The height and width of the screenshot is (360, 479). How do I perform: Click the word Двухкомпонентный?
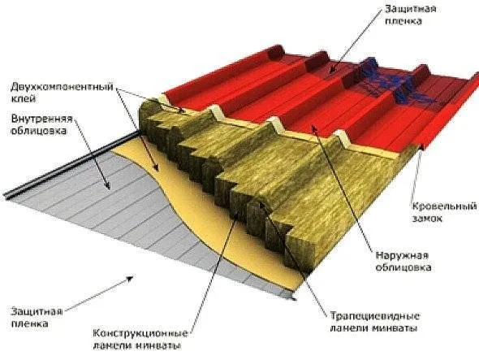(62, 87)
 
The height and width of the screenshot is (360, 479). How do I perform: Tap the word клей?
(23, 98)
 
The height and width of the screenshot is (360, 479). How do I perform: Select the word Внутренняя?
(42, 119)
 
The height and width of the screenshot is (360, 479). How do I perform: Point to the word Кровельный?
(444, 206)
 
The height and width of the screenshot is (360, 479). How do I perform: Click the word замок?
(427, 219)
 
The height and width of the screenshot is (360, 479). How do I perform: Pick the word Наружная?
(402, 256)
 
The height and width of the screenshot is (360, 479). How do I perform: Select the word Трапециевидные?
(375, 316)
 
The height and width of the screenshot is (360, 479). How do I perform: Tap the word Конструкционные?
(140, 333)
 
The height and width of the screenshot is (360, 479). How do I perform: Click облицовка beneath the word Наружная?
(403, 267)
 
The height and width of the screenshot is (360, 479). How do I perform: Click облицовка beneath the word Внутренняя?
(38, 131)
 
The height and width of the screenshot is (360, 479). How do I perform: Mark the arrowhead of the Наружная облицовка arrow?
(313, 128)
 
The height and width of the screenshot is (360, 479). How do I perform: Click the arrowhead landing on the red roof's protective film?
(331, 71)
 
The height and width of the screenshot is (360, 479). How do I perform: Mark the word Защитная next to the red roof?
(410, 9)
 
